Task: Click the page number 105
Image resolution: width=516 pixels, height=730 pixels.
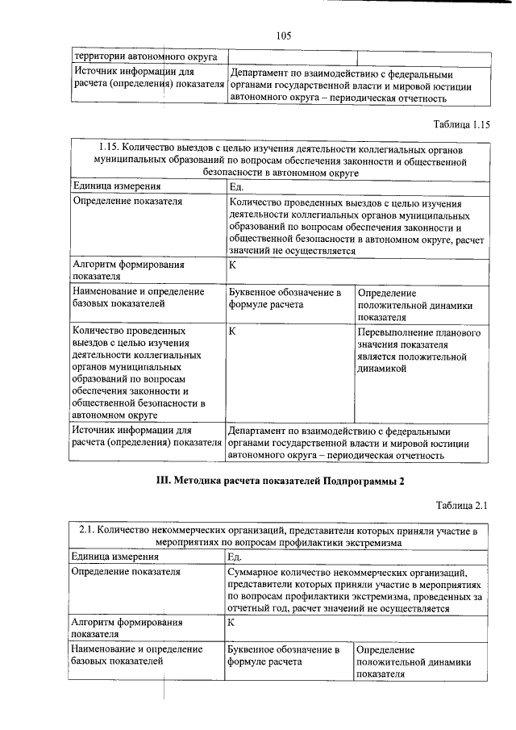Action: [282, 35]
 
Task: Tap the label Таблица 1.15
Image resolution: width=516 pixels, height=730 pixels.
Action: [461, 124]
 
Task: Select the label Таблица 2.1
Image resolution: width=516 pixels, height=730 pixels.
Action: [463, 506]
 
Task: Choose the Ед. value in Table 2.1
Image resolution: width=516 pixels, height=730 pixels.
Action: [235, 557]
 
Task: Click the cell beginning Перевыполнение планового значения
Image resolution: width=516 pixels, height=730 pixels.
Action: [419, 350]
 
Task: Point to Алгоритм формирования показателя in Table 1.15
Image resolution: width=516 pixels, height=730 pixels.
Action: [129, 269]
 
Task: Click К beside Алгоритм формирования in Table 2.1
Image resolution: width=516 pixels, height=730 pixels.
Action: [231, 623]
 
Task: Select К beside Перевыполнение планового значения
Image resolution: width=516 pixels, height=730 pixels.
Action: [232, 332]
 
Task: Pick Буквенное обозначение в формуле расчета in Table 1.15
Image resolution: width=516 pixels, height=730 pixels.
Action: [285, 298]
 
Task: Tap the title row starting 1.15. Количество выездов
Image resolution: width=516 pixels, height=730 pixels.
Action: [281, 160]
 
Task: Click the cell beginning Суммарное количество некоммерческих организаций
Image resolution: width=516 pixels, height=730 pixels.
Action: [355, 590]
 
